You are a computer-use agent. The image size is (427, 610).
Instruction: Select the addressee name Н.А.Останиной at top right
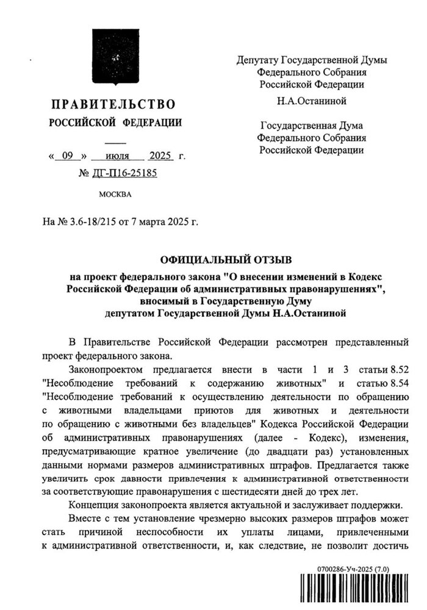point(311,101)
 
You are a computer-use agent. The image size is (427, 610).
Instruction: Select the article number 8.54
point(395,383)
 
